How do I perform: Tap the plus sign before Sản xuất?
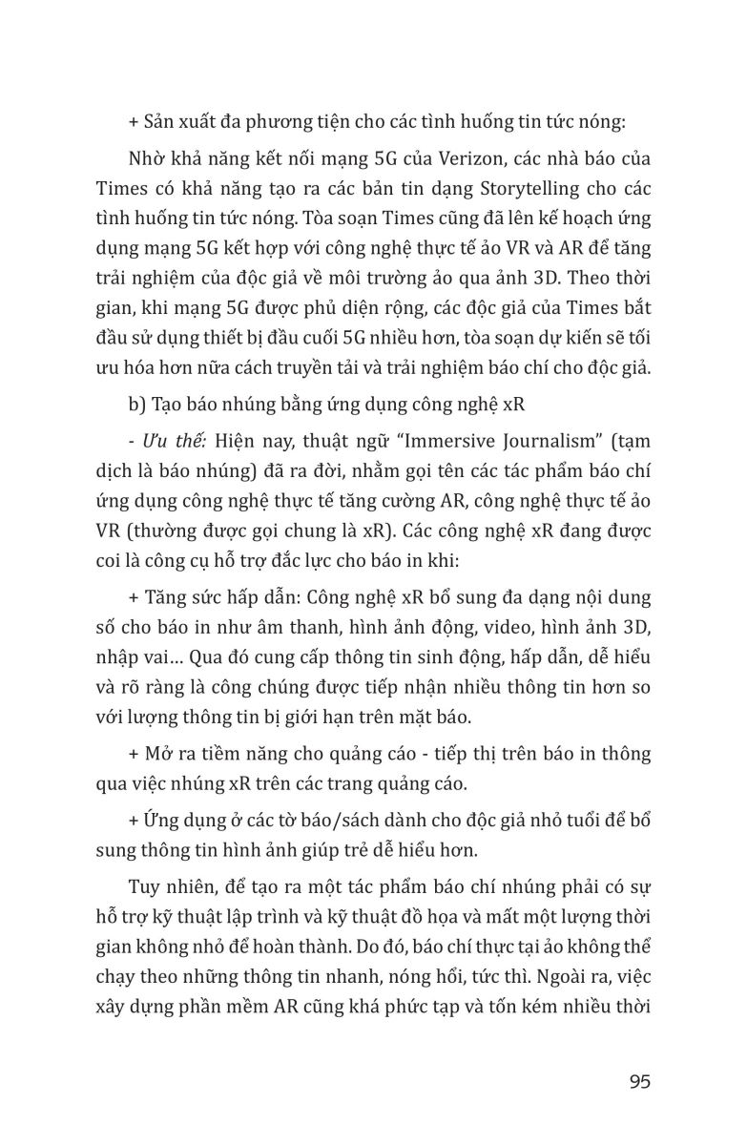(133, 122)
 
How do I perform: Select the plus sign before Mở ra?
(133, 754)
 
